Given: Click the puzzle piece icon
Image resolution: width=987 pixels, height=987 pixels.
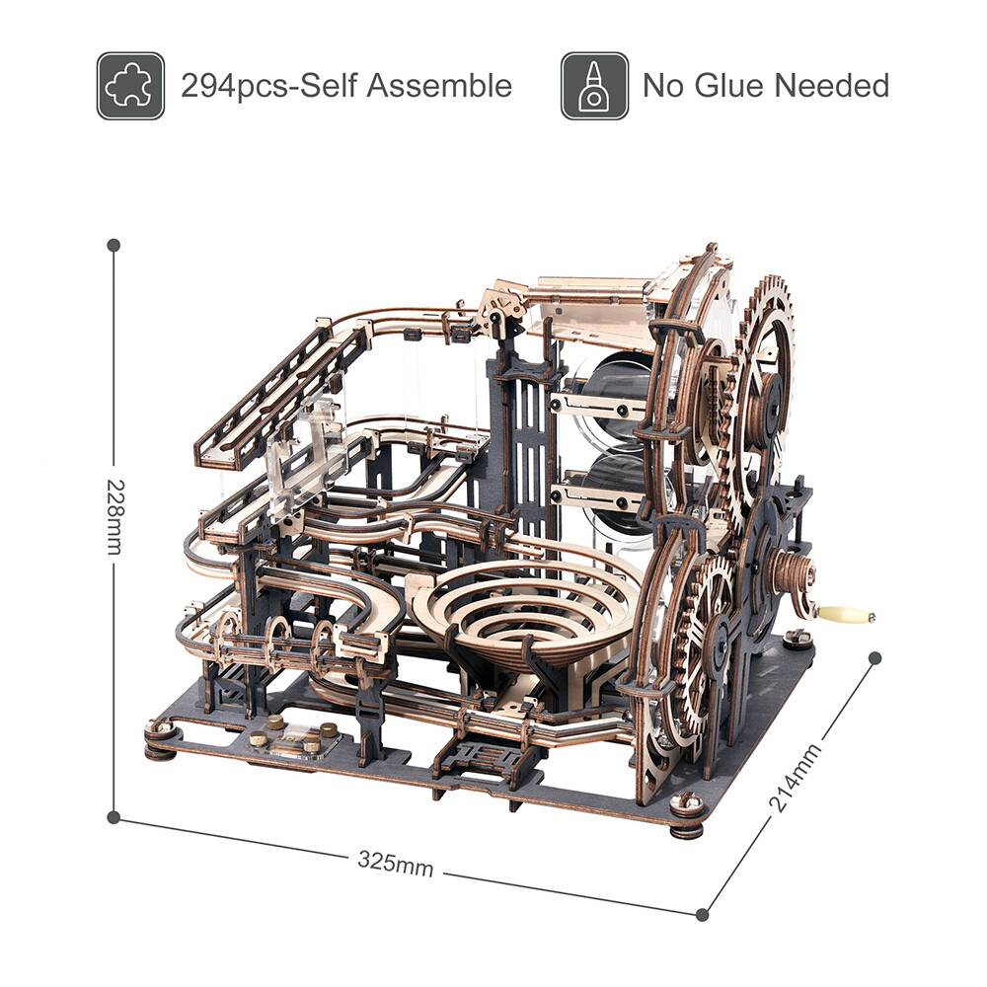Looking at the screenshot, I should [x=130, y=86].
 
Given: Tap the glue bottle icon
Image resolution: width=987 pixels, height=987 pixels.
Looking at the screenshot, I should [x=594, y=86].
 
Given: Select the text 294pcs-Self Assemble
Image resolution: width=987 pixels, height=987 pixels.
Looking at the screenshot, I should [x=346, y=86].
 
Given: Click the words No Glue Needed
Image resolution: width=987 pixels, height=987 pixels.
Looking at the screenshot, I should [x=766, y=86].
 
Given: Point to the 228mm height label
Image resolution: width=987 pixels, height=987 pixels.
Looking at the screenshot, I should [x=114, y=517].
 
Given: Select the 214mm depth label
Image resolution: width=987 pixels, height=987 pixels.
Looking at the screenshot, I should [x=795, y=781].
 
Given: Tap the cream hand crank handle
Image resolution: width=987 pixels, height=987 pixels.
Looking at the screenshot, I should [x=846, y=615].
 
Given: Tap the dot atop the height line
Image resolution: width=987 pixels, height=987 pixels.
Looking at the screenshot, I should [x=114, y=244].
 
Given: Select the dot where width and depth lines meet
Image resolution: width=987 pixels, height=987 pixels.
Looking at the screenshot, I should [x=702, y=914].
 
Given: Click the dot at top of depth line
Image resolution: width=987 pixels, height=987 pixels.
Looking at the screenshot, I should [x=875, y=658].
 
